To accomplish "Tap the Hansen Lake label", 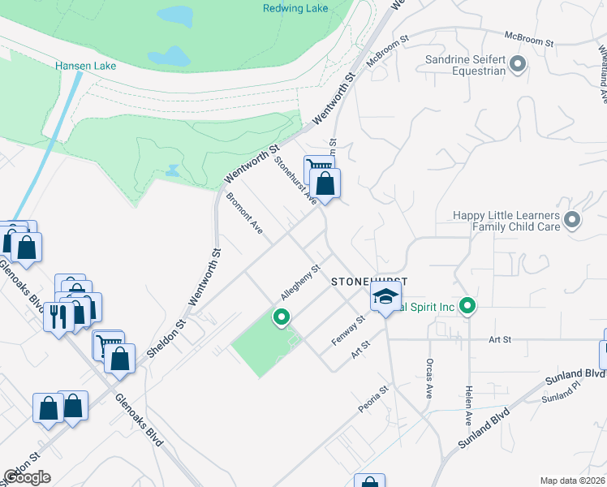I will [x=86, y=66].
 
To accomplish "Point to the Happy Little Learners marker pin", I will [x=573, y=220].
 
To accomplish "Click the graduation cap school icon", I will [x=386, y=297].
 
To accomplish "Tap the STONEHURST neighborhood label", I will [x=368, y=281].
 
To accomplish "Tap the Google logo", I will [x=27, y=477].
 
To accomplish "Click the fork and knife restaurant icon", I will [x=58, y=315].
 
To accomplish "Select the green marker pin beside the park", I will [x=282, y=317].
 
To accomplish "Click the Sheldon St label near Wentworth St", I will [x=167, y=338].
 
